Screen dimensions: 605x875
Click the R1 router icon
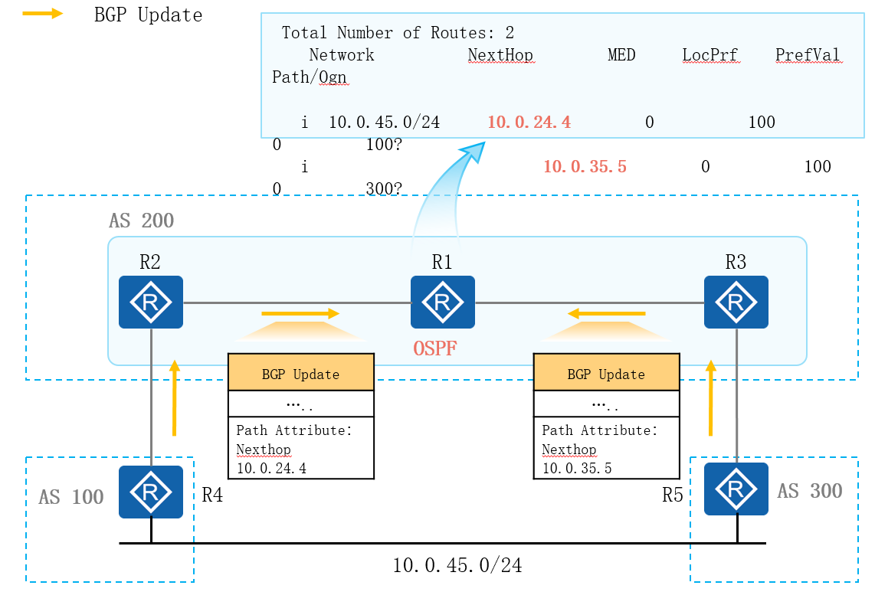tap(442, 302)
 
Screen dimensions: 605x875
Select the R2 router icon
tap(151, 302)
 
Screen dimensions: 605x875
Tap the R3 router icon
tap(736, 302)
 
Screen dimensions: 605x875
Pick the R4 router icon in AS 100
tap(151, 492)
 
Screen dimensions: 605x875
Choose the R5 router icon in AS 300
tap(736, 489)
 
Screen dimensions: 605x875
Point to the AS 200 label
tap(142, 221)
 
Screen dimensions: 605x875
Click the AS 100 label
tap(71, 497)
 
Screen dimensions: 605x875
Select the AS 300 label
tap(810, 491)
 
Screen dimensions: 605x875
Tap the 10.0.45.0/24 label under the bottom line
tap(457, 566)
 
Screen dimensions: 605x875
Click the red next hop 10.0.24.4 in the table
tap(529, 122)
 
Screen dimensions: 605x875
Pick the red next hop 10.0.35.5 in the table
tap(585, 166)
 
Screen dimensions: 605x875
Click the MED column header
tap(621, 55)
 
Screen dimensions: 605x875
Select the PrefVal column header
tap(808, 55)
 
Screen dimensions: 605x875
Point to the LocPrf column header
tap(710, 55)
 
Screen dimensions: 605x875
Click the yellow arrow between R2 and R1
tap(300, 313)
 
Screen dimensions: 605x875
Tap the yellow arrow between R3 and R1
tap(607, 313)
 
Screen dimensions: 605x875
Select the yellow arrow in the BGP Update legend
tap(43, 14)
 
